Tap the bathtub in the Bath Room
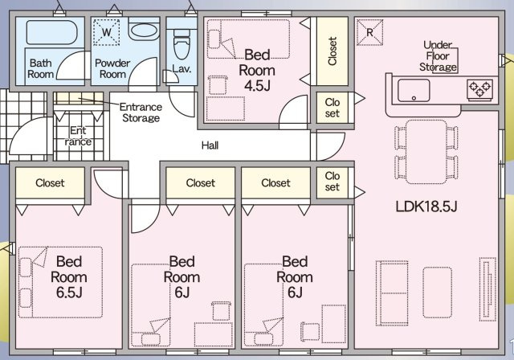[51, 32]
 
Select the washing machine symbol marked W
[106, 32]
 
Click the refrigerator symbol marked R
[369, 32]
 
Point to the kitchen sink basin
[414, 90]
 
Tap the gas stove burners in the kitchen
[479, 89]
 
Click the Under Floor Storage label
[438, 55]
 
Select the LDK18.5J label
[426, 207]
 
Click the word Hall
[210, 145]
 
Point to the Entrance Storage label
[141, 112]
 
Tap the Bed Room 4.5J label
[257, 70]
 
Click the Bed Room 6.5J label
[69, 277]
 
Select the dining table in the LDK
[426, 152]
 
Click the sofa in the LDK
[392, 293]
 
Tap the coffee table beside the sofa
[437, 292]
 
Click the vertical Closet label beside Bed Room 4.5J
[332, 51]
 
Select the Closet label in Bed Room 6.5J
[50, 182]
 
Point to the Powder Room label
[112, 68]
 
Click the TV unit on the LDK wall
[487, 289]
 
